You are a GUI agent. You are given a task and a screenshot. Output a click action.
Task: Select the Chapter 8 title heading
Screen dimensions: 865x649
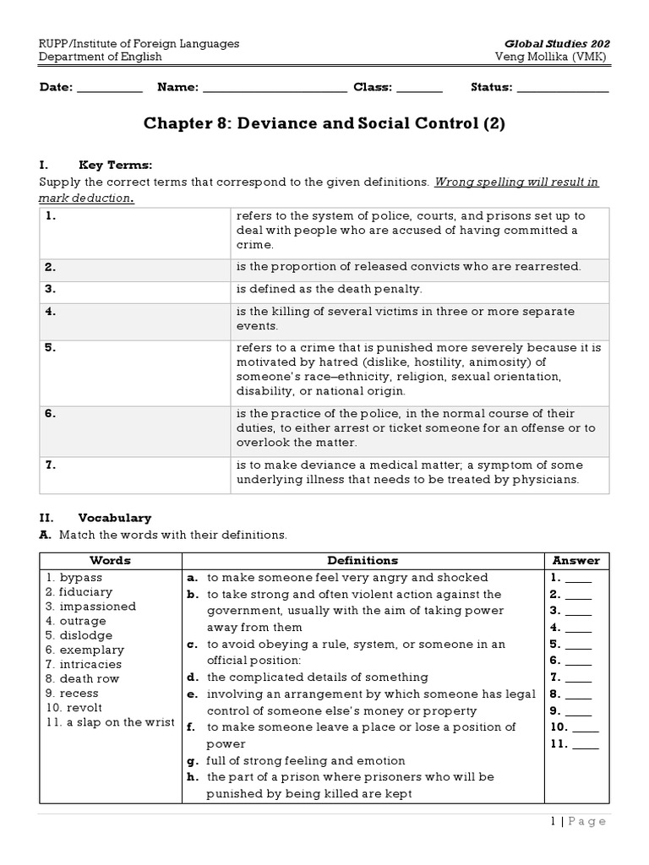tap(324, 123)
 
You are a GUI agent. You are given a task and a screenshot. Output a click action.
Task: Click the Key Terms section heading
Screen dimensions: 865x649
tap(116, 165)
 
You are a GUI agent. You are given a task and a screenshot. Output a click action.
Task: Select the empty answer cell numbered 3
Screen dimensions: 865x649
tap(135, 289)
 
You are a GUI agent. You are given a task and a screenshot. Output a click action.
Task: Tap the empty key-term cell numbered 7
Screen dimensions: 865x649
tap(135, 472)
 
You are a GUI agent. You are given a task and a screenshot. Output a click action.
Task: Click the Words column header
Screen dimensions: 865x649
tap(111, 560)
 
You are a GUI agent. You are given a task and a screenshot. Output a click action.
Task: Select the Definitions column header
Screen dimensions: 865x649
tap(363, 560)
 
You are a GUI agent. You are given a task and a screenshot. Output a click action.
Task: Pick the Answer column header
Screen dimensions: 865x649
tap(576, 560)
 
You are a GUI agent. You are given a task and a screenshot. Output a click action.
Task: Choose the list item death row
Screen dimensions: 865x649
tap(83, 678)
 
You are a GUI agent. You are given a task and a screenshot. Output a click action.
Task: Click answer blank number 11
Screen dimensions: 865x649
tap(586, 744)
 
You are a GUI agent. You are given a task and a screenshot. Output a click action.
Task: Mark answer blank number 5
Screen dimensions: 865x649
tap(578, 645)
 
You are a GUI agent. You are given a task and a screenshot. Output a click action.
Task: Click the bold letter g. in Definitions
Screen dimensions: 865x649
tap(193, 760)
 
